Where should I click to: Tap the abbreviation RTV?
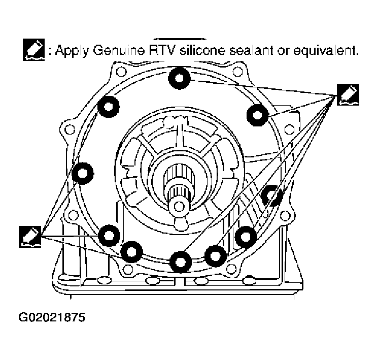click(154, 51)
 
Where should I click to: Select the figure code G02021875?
click(51, 318)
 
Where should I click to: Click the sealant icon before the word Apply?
click(35, 50)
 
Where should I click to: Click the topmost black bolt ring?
click(179, 78)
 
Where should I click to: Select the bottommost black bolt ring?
click(180, 261)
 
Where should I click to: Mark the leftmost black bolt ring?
click(82, 174)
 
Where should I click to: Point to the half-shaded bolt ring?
click(271, 195)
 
